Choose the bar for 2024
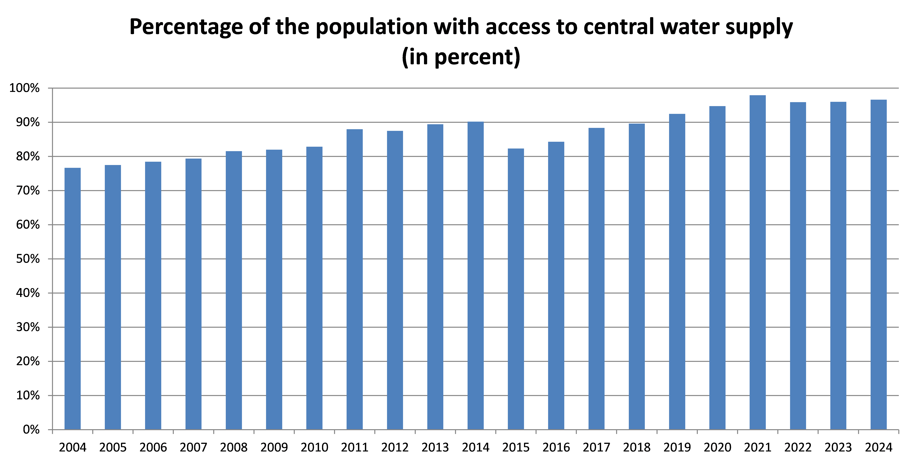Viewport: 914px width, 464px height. click(x=879, y=264)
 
